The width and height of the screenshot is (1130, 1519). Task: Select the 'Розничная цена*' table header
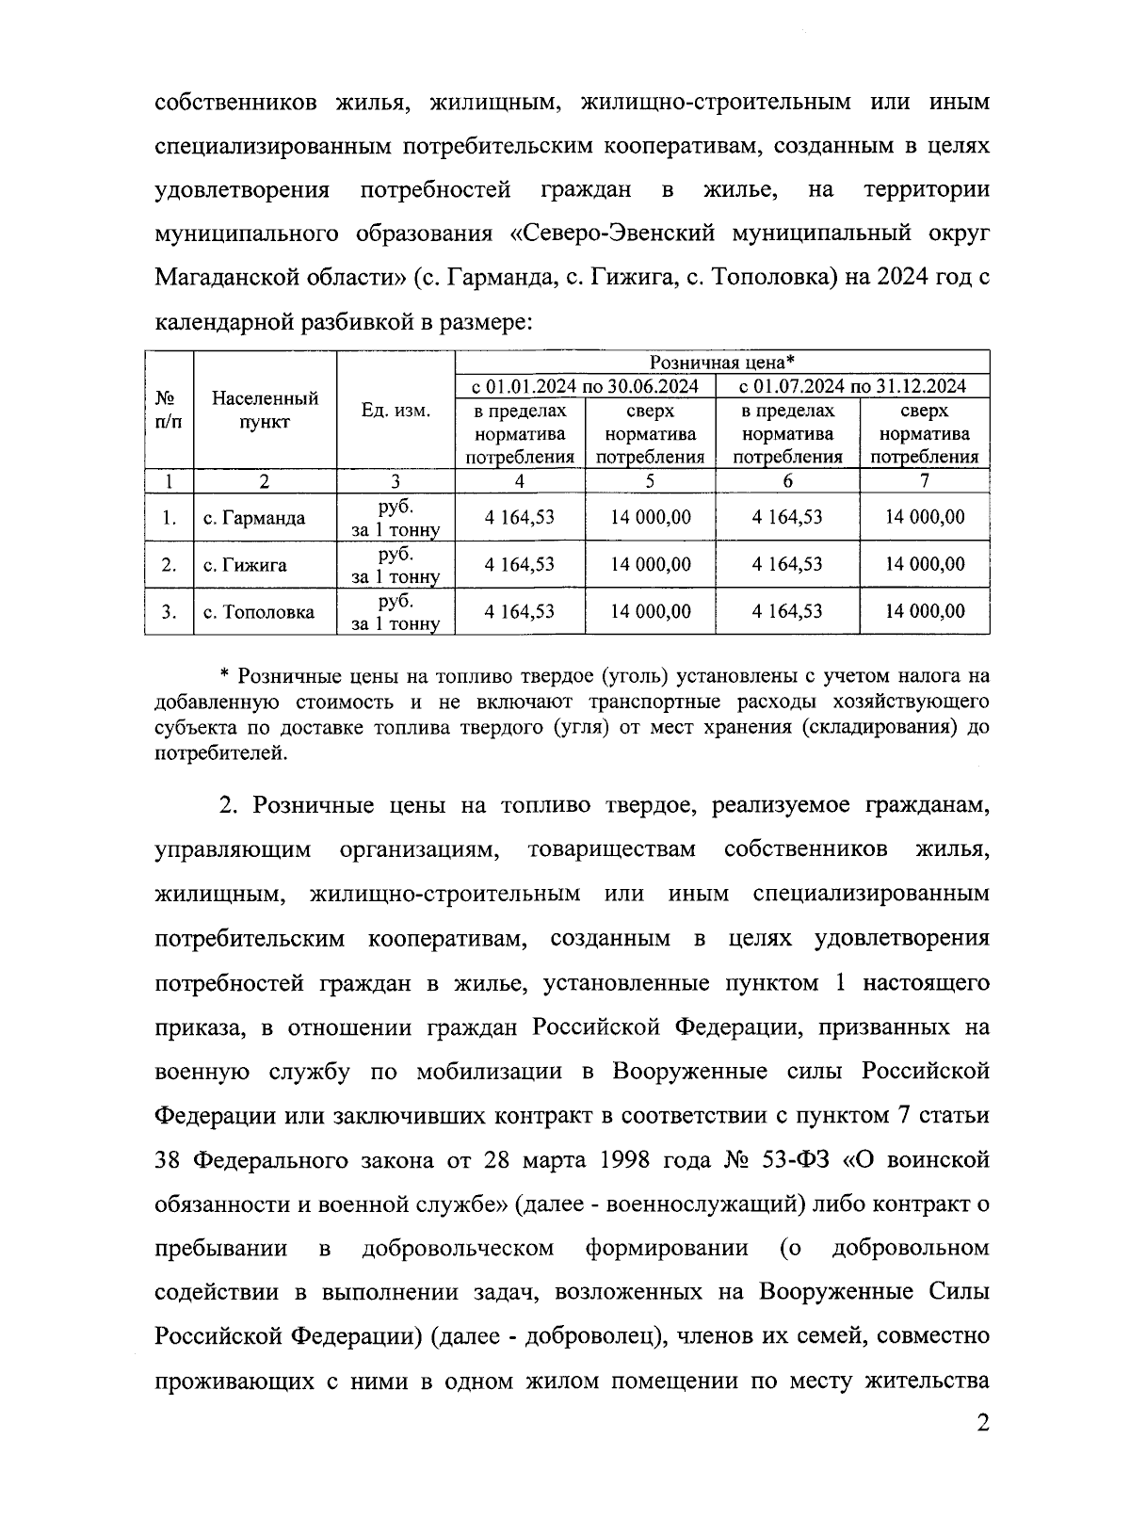click(x=722, y=363)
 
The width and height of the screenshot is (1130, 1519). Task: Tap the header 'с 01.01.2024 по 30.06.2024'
click(x=585, y=386)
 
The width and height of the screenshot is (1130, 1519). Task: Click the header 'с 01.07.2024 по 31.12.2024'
click(x=852, y=386)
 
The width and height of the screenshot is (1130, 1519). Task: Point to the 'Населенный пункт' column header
click(x=265, y=411)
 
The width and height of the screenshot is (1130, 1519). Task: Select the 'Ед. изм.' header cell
click(x=395, y=411)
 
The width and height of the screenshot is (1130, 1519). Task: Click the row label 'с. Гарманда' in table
click(x=254, y=519)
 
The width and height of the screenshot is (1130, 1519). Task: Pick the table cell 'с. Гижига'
click(x=245, y=566)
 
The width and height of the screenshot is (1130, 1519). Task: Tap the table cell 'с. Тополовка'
click(x=259, y=613)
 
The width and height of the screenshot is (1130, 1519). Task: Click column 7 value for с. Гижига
click(x=925, y=564)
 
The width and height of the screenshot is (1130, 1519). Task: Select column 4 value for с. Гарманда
click(x=519, y=517)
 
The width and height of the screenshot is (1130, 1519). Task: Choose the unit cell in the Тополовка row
click(x=395, y=612)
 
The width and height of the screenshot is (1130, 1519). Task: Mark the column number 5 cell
click(x=650, y=481)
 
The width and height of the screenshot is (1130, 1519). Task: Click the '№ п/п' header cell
click(x=168, y=411)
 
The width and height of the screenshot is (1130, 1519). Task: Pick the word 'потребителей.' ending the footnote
click(x=219, y=752)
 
